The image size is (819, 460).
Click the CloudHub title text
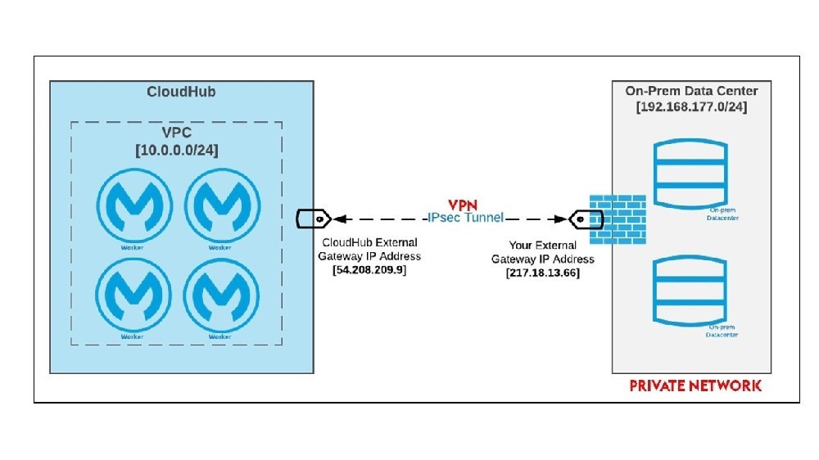(181, 92)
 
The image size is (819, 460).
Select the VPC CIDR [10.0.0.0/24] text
(177, 151)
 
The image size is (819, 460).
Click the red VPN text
(463, 205)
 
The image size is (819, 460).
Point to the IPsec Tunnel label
(465, 218)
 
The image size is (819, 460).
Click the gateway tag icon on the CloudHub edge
(313, 219)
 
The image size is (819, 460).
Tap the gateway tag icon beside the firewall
(586, 219)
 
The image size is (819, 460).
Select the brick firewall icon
(618, 219)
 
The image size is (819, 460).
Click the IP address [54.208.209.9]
(369, 270)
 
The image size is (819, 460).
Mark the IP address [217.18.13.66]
(543, 273)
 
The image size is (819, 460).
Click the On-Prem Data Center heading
(691, 91)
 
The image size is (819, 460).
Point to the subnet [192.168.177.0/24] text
(691, 106)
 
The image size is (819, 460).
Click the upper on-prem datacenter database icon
(690, 174)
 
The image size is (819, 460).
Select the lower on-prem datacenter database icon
(690, 291)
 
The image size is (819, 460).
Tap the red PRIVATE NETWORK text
(695, 386)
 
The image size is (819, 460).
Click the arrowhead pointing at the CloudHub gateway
(340, 219)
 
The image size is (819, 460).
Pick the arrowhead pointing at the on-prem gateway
(560, 219)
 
